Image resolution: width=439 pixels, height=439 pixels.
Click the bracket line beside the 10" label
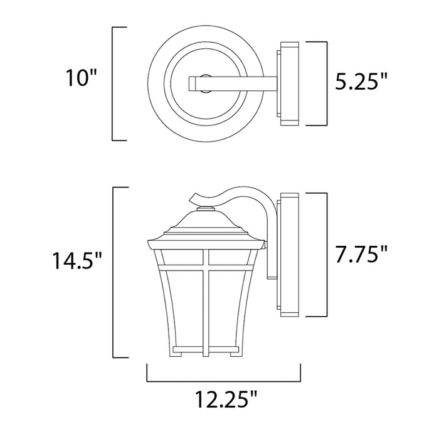(x=113, y=83)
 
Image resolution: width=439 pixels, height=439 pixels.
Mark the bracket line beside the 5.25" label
(x=327, y=83)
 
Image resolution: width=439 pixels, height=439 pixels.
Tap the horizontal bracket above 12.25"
(x=224, y=381)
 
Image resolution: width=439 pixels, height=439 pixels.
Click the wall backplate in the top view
(x=290, y=83)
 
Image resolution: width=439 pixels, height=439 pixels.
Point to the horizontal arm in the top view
(x=232, y=81)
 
